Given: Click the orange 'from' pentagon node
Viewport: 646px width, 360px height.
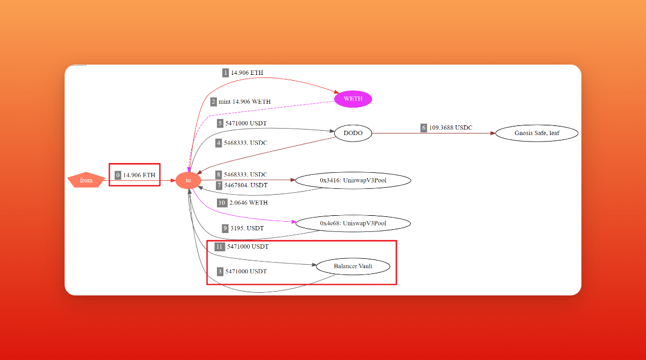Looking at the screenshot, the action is click(86, 180).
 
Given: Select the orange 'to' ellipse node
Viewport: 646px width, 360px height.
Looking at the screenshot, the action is click(188, 180).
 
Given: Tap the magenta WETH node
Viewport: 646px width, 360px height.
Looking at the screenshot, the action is click(353, 99).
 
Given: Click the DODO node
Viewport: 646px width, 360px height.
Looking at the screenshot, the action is click(353, 133).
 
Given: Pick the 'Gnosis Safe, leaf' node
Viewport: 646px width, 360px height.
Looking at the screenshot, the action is click(537, 133).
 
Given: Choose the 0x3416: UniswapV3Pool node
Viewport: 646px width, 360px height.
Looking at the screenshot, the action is click(353, 180).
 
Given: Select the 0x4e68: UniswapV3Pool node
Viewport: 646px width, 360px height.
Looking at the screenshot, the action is click(353, 223).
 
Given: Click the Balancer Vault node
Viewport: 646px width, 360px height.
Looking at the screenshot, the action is click(353, 266).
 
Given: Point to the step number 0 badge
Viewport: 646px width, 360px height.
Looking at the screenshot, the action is click(118, 175).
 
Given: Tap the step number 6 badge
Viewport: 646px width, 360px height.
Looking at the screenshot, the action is click(424, 128).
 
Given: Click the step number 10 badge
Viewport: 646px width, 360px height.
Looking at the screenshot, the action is click(222, 203).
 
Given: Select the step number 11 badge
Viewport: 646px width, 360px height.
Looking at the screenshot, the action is click(219, 246).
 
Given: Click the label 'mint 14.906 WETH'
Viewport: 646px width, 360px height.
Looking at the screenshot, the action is click(244, 102).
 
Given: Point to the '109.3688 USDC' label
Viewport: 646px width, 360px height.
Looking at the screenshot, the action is click(451, 128).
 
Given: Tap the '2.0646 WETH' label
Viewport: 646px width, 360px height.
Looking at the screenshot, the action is click(248, 203).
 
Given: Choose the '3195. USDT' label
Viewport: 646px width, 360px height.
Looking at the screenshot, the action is click(247, 228).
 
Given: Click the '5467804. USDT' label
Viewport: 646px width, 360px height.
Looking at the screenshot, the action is click(245, 185).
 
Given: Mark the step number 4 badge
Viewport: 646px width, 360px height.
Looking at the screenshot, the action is click(219, 143).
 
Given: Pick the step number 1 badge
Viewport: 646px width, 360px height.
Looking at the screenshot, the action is click(226, 73).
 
